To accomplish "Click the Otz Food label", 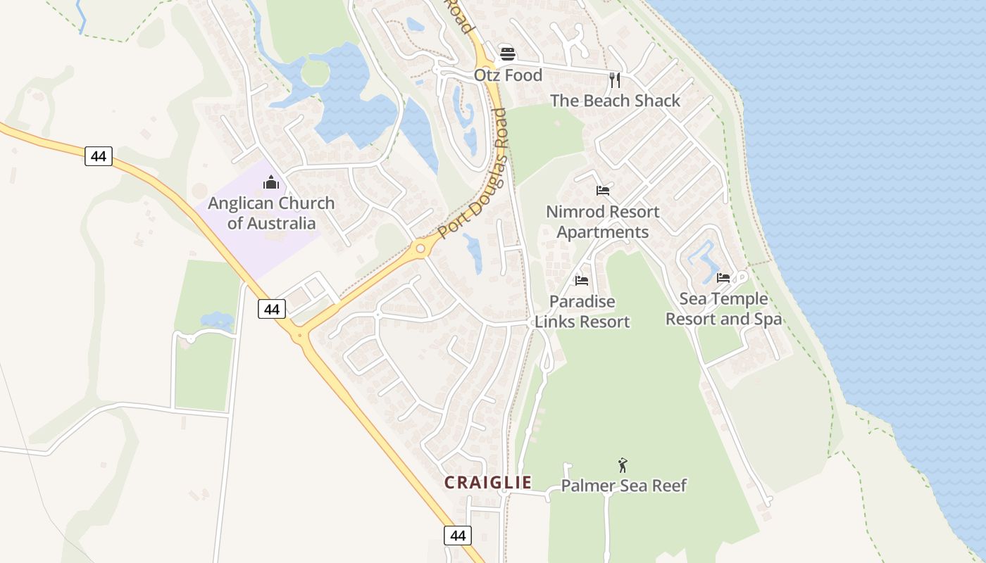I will [x=508, y=75].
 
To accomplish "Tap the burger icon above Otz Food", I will [x=507, y=53].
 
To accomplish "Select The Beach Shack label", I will [x=615, y=101].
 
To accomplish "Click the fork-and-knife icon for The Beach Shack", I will [x=615, y=80].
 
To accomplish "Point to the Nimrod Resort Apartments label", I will [x=603, y=222].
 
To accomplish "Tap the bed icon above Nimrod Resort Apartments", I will [x=602, y=191].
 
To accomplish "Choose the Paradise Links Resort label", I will [x=582, y=312].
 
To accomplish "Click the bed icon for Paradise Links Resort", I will [x=581, y=280].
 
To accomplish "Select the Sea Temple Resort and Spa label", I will [x=723, y=309].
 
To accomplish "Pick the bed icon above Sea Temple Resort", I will [x=723, y=278].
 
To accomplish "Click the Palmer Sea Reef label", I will [x=623, y=486].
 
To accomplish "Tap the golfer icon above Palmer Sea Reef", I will [x=622, y=465].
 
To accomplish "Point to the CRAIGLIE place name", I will [x=487, y=482].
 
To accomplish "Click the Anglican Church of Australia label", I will [x=271, y=213].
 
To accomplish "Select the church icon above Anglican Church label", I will [x=271, y=183].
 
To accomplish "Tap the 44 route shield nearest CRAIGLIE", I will [x=458, y=536].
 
